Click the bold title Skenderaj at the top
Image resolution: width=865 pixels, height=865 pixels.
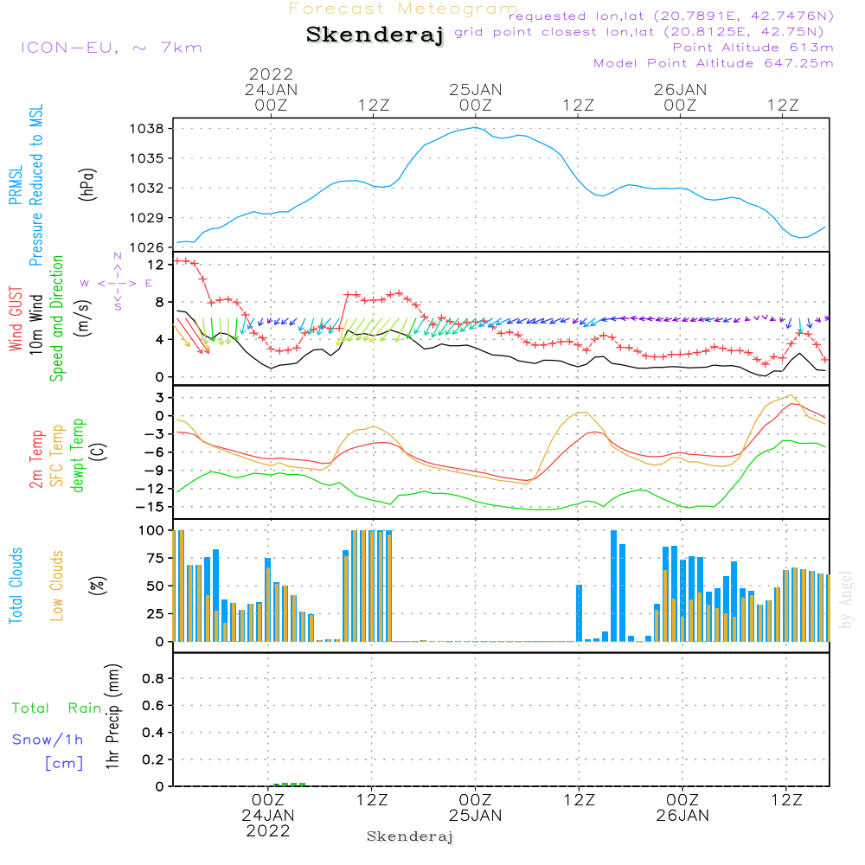(x=375, y=35)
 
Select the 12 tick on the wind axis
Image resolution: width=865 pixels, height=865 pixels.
(x=157, y=264)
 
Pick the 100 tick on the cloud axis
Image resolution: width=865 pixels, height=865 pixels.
(x=151, y=530)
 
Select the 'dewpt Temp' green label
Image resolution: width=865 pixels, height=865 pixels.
(x=78, y=456)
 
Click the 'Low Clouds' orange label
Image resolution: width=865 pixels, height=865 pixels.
(x=57, y=586)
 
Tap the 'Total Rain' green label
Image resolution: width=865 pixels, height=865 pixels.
(x=56, y=708)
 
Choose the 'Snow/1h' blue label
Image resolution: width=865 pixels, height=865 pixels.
(x=48, y=740)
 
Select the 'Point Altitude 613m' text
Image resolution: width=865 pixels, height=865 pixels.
(x=753, y=48)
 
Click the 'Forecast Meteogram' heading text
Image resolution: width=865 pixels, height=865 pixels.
(x=403, y=10)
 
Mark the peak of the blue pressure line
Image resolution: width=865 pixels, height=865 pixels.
(x=475, y=128)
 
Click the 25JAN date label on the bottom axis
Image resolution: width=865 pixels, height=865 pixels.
(x=475, y=816)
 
